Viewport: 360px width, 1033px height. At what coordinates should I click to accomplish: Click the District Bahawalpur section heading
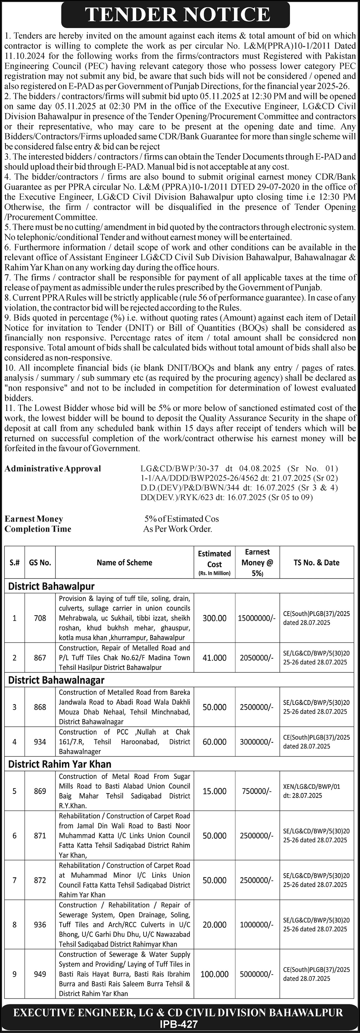[51, 586]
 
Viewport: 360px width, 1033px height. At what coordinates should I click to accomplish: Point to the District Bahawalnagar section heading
[56, 680]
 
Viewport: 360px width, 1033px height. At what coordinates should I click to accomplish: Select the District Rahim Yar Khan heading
[60, 764]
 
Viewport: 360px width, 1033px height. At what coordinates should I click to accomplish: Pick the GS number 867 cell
[40, 658]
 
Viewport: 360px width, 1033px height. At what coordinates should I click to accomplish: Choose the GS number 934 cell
[40, 742]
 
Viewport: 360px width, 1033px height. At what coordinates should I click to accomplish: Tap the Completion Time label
[38, 529]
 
